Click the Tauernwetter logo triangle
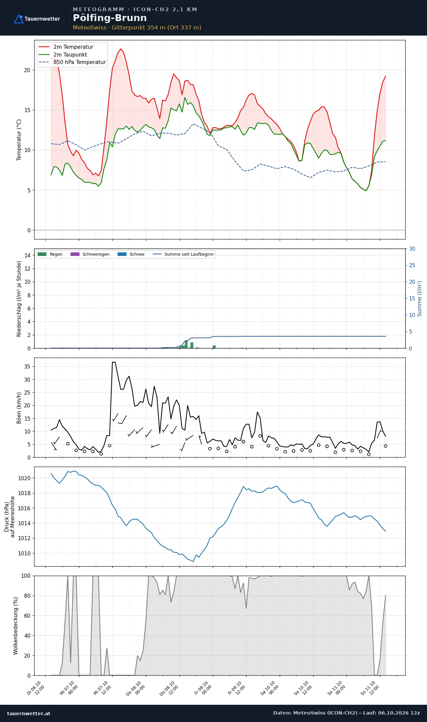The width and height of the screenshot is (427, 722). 19,19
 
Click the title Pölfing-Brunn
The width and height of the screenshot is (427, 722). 110,18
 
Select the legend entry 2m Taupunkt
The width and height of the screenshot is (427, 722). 70,55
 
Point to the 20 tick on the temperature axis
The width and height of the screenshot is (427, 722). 27,70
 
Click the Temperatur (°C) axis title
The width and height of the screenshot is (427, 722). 19,140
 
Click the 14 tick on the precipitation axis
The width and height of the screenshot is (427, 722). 27,255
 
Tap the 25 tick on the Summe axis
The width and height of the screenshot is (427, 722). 412,265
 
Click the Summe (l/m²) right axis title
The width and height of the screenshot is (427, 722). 420,299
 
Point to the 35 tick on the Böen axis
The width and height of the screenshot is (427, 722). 27,366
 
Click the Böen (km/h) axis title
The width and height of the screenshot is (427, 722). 19,408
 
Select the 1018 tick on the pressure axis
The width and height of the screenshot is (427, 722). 24,493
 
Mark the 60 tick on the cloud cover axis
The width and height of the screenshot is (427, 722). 27,616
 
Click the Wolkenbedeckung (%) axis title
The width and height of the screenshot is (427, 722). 16,626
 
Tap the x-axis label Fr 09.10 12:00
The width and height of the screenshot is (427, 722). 236,688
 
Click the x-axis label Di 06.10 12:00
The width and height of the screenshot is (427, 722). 36,688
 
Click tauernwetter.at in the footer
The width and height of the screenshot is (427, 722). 29,713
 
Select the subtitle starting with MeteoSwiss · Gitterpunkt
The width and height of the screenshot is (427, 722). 137,27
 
